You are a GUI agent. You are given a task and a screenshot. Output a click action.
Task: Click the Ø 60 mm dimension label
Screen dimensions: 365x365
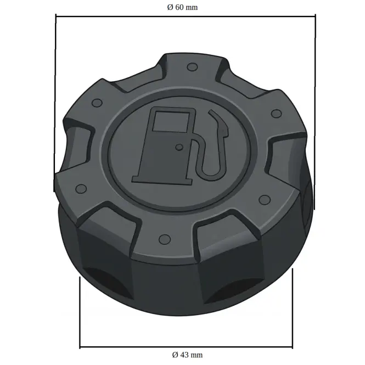pos(182,8)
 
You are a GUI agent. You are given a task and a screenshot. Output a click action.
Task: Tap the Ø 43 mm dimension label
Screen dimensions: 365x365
pos(187,355)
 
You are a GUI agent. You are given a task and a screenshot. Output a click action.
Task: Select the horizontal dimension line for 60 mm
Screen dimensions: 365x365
pos(186,16)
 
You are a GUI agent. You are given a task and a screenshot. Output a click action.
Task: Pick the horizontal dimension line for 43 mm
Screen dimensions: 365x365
pos(186,347)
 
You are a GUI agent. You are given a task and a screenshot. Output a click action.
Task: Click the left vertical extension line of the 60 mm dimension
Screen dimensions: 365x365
pos(55,103)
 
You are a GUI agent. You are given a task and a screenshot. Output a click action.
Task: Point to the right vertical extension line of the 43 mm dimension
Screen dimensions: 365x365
pos(293,308)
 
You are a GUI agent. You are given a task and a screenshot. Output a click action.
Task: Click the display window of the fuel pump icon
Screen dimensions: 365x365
pos(171,122)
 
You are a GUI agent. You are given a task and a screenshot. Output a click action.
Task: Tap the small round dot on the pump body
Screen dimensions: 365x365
pos(179,147)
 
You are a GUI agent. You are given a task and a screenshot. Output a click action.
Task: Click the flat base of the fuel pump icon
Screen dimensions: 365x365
pos(162,180)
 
